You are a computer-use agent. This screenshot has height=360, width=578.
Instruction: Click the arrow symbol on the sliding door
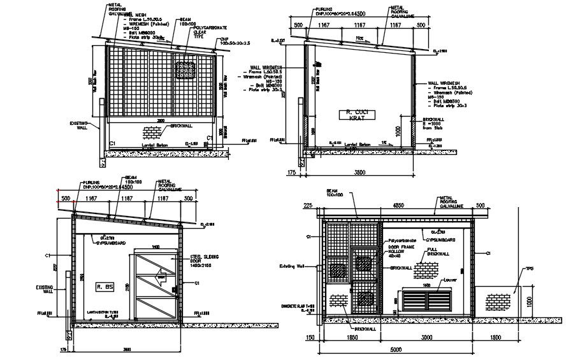click(x=161, y=278)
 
